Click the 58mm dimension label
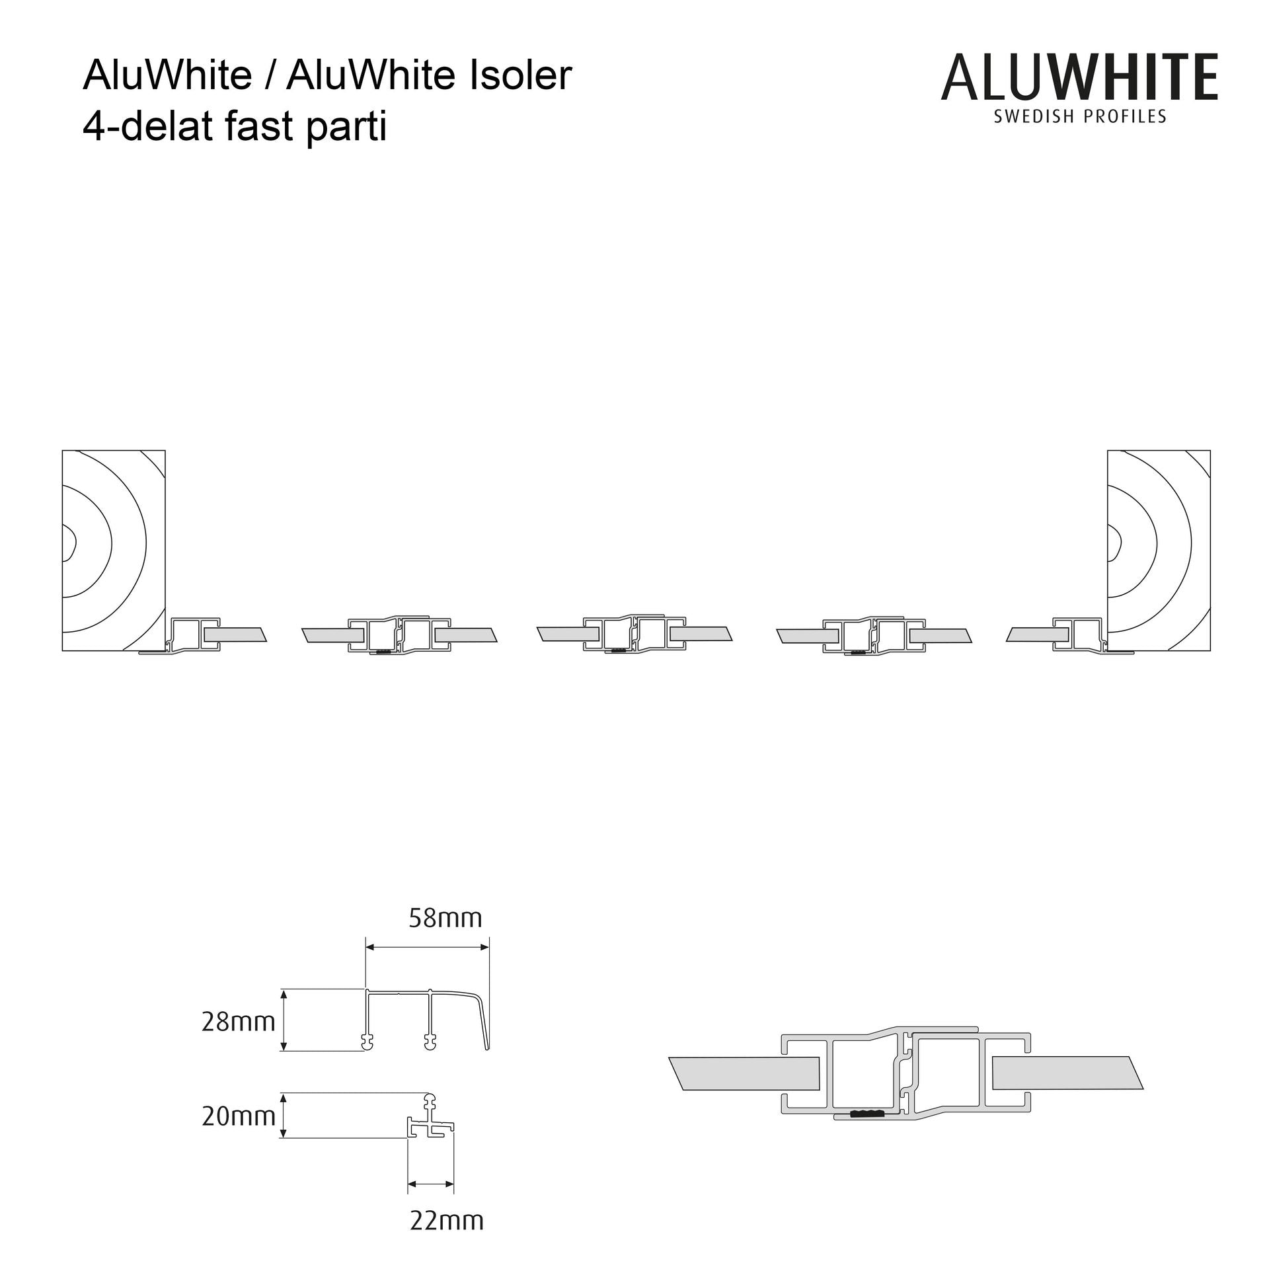[445, 918]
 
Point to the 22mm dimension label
[447, 1220]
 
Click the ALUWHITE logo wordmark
[1079, 77]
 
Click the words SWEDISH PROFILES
[1080, 117]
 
